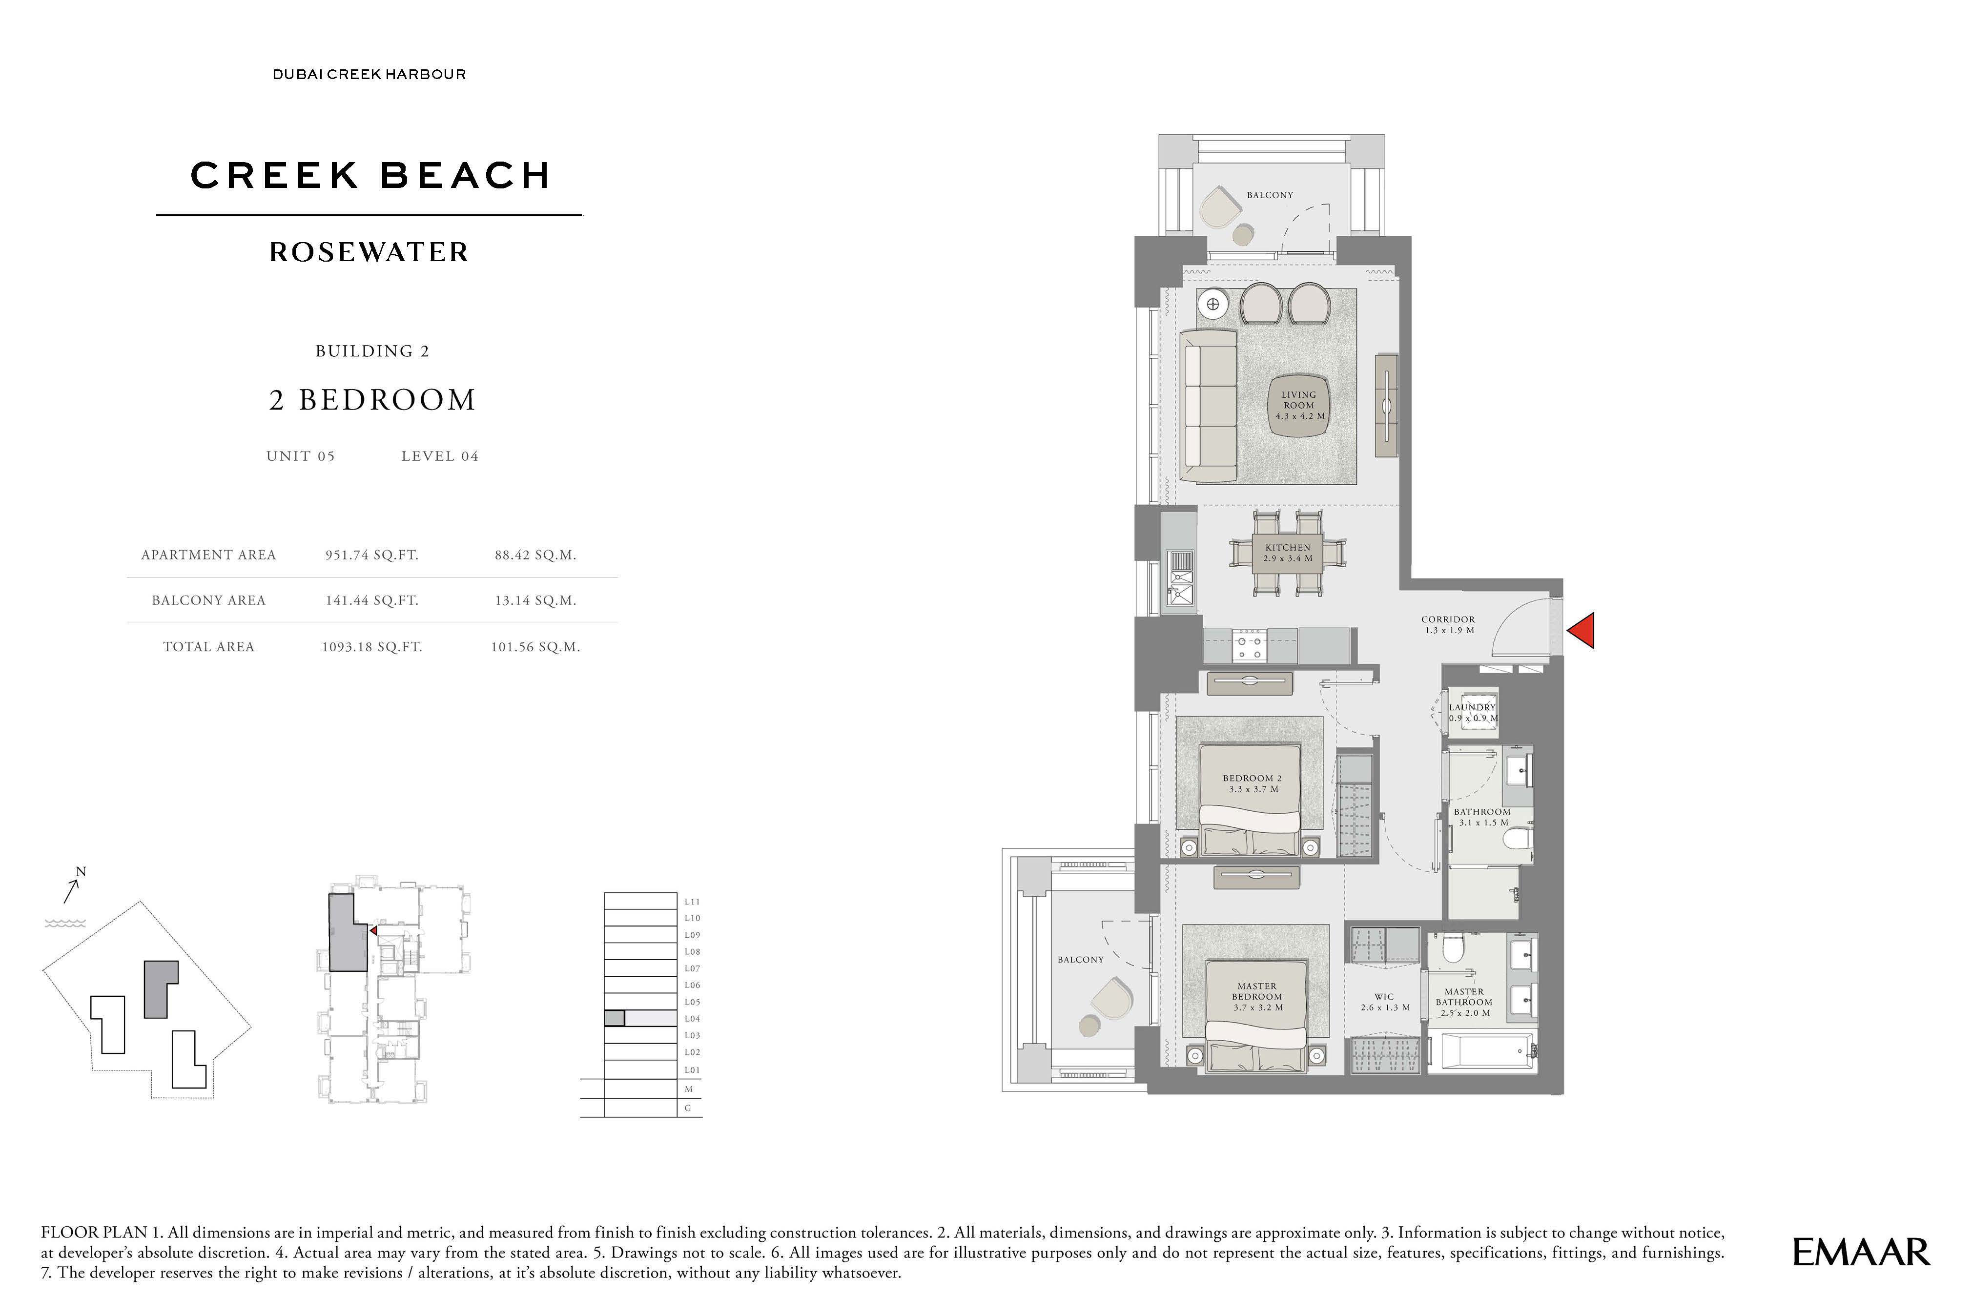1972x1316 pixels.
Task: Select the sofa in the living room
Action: click(x=1209, y=405)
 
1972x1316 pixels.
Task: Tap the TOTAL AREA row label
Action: click(x=208, y=646)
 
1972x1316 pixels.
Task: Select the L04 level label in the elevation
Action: click(x=692, y=1019)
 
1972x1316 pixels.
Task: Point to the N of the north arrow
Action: click(x=82, y=872)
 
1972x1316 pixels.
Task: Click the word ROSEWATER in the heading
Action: click(x=369, y=252)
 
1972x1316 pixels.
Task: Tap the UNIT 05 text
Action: click(x=300, y=456)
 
